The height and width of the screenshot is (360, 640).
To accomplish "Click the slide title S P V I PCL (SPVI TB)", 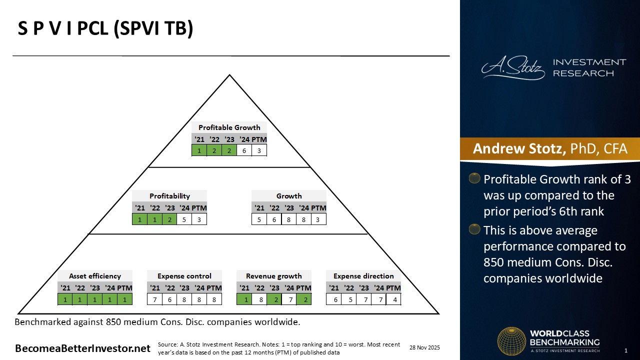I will click(105, 29).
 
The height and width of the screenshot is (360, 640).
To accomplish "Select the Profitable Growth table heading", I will click(229, 127).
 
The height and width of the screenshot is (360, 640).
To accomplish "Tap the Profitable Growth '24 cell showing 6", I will click(244, 150).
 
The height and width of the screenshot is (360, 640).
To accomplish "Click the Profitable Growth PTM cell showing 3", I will click(259, 150).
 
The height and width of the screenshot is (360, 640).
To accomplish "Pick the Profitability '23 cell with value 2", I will click(169, 219).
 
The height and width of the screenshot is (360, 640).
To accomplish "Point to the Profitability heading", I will click(169, 196).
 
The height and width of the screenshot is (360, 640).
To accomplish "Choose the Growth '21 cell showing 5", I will click(259, 219).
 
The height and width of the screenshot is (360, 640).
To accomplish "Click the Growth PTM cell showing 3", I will click(318, 219).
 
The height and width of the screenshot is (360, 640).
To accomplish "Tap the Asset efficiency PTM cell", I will click(124, 299).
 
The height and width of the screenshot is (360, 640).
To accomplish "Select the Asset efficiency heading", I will click(95, 276).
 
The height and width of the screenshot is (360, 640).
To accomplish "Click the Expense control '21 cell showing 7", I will click(155, 299).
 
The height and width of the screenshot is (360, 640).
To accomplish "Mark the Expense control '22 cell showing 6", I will click(170, 299).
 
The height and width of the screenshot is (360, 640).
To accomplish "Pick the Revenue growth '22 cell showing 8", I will click(259, 299).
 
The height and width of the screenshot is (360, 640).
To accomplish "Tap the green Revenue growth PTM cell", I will click(303, 299).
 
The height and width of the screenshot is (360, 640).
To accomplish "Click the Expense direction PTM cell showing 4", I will click(393, 299).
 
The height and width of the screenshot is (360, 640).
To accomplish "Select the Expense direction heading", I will click(363, 276).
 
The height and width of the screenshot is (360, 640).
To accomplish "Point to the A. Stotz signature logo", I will click(513, 68).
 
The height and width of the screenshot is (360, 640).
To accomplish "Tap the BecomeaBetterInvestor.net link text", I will click(82, 348).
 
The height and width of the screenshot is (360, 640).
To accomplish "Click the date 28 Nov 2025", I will click(424, 347).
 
